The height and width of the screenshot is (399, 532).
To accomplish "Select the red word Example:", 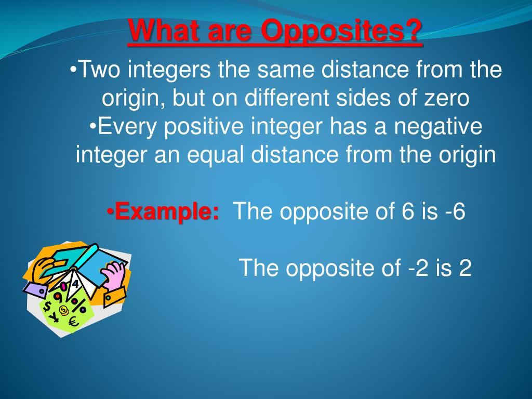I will point(166,212).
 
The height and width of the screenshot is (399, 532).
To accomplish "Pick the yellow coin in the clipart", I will point(63,311).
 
